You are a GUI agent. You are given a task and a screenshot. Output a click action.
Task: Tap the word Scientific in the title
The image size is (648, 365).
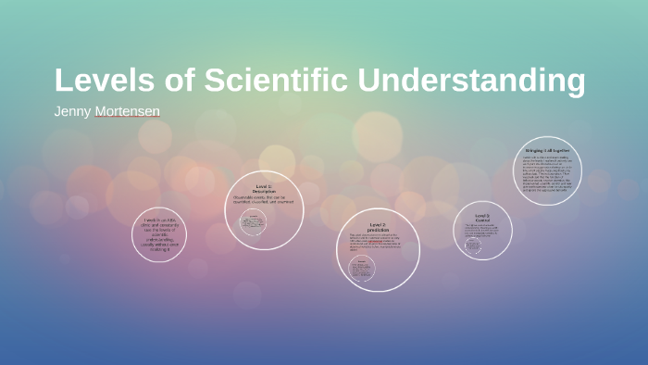coord(275,81)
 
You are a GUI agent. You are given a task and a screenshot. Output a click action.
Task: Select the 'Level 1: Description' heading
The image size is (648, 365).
coord(264,189)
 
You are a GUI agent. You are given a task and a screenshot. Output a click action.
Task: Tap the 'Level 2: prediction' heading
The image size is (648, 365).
coord(377,227)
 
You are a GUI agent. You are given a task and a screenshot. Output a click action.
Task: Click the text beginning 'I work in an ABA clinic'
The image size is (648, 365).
coord(159,234)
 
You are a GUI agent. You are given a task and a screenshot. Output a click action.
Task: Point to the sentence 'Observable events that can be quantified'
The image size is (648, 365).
coord(266,202)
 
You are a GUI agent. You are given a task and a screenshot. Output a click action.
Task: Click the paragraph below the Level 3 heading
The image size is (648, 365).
coord(482,229)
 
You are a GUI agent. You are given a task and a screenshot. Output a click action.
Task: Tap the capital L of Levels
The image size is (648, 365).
coord(63,81)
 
